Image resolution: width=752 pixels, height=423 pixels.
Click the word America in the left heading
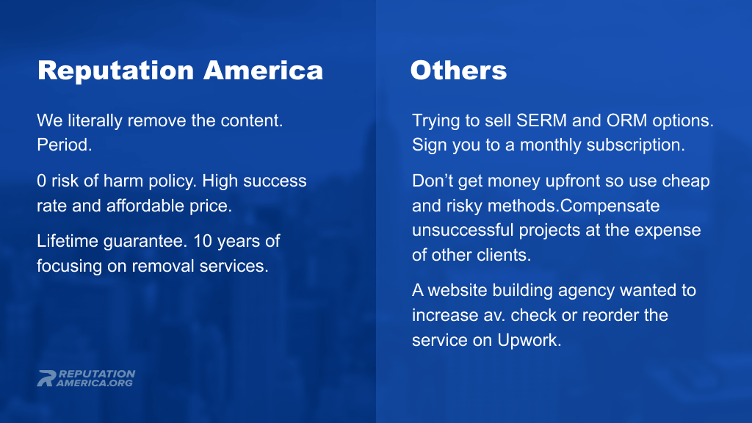click(264, 70)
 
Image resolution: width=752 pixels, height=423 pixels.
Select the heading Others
click(458, 70)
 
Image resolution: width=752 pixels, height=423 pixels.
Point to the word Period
click(65, 145)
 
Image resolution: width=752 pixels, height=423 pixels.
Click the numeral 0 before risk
click(41, 181)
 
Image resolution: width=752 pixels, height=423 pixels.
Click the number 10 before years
click(203, 241)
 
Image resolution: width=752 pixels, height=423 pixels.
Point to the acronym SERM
click(541, 120)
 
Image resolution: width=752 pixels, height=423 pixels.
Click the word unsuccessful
click(463, 230)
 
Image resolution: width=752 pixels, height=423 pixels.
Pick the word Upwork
click(529, 340)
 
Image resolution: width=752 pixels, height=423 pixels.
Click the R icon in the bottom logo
click(46, 378)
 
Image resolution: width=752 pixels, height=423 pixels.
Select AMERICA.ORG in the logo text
click(95, 383)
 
